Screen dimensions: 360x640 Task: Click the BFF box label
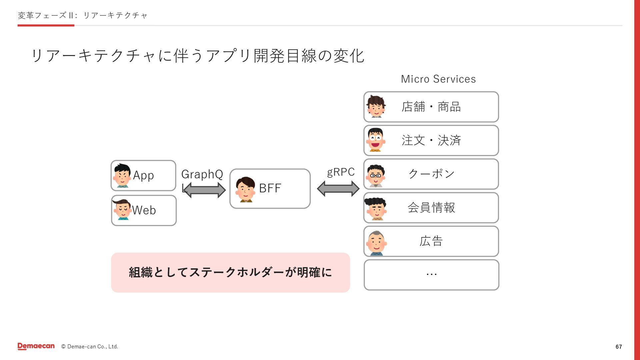270,188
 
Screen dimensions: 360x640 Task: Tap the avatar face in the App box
122,175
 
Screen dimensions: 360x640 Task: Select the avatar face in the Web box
122,210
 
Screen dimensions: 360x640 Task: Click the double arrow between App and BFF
204,190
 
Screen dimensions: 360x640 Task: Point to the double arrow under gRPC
338,189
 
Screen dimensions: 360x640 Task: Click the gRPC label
341,172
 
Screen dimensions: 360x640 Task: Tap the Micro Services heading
438,79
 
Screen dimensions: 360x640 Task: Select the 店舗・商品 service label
431,107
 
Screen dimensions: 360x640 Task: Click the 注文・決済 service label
431,141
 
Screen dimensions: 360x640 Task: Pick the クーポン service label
431,174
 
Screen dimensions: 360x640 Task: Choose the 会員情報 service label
431,208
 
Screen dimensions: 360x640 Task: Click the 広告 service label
431,241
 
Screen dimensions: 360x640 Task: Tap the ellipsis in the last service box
431,274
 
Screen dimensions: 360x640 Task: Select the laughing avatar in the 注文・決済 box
376,140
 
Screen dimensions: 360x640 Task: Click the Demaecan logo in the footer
36,346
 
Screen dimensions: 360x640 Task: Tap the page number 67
619,347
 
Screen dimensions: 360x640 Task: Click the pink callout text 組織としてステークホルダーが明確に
230,273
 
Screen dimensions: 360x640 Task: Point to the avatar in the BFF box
246,189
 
